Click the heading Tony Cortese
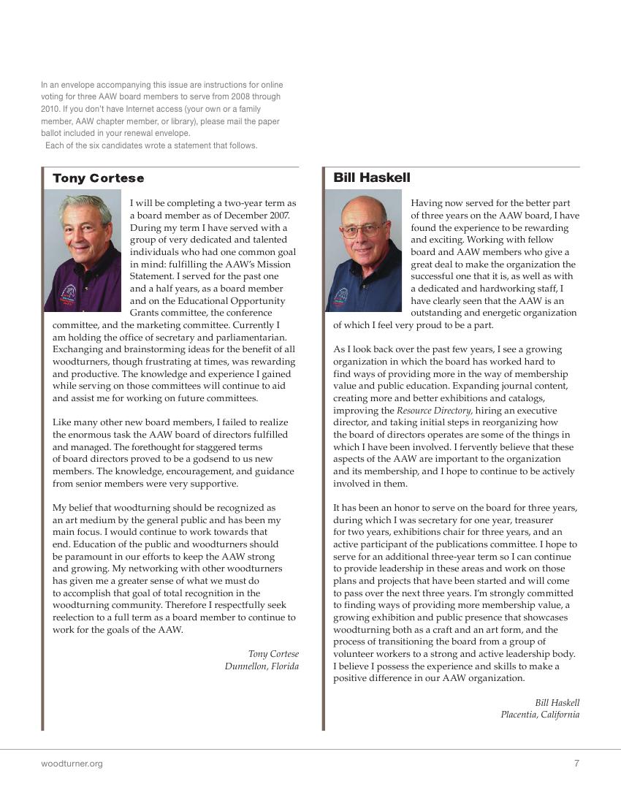point(98,178)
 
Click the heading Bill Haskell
point(372,178)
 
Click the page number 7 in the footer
point(576,764)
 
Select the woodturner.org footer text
point(72,764)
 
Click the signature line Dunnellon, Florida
point(262,666)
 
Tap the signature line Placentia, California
point(540,715)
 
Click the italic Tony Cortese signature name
point(273,654)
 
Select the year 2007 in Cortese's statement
point(275,216)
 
